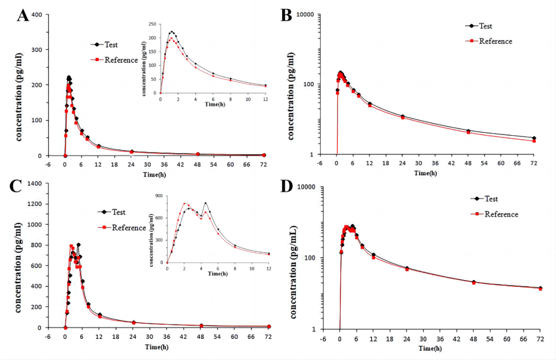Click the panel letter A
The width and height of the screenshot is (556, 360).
[x=23, y=15]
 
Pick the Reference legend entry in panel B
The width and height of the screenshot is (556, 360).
[x=495, y=41]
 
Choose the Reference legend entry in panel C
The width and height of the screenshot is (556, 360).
[x=129, y=228]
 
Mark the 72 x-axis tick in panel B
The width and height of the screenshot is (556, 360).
[x=534, y=163]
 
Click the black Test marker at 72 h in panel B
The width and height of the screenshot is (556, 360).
[x=534, y=138]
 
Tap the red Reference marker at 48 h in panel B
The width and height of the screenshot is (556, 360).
[x=468, y=132]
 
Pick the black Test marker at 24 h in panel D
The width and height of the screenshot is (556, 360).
[x=406, y=268]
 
